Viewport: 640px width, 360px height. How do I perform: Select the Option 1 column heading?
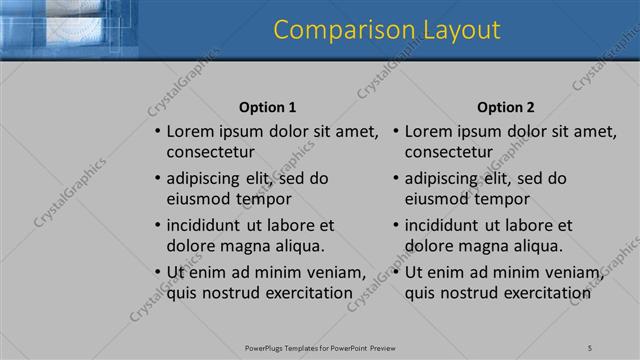(x=268, y=107)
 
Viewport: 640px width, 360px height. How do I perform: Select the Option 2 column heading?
(x=506, y=107)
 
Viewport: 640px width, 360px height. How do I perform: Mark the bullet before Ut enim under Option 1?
(x=156, y=272)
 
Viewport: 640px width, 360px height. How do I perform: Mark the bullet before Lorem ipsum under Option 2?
(x=395, y=131)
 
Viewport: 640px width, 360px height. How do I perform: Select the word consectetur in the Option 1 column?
(x=210, y=152)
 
